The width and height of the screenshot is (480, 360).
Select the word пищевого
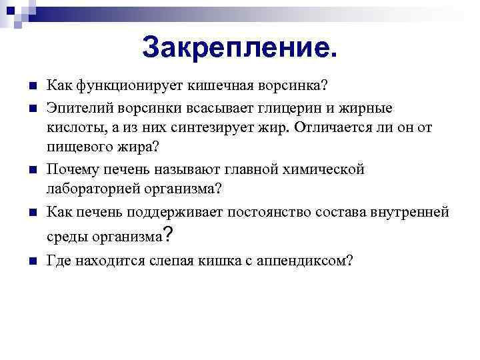(x=75, y=147)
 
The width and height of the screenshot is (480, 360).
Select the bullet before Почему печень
(x=33, y=169)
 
